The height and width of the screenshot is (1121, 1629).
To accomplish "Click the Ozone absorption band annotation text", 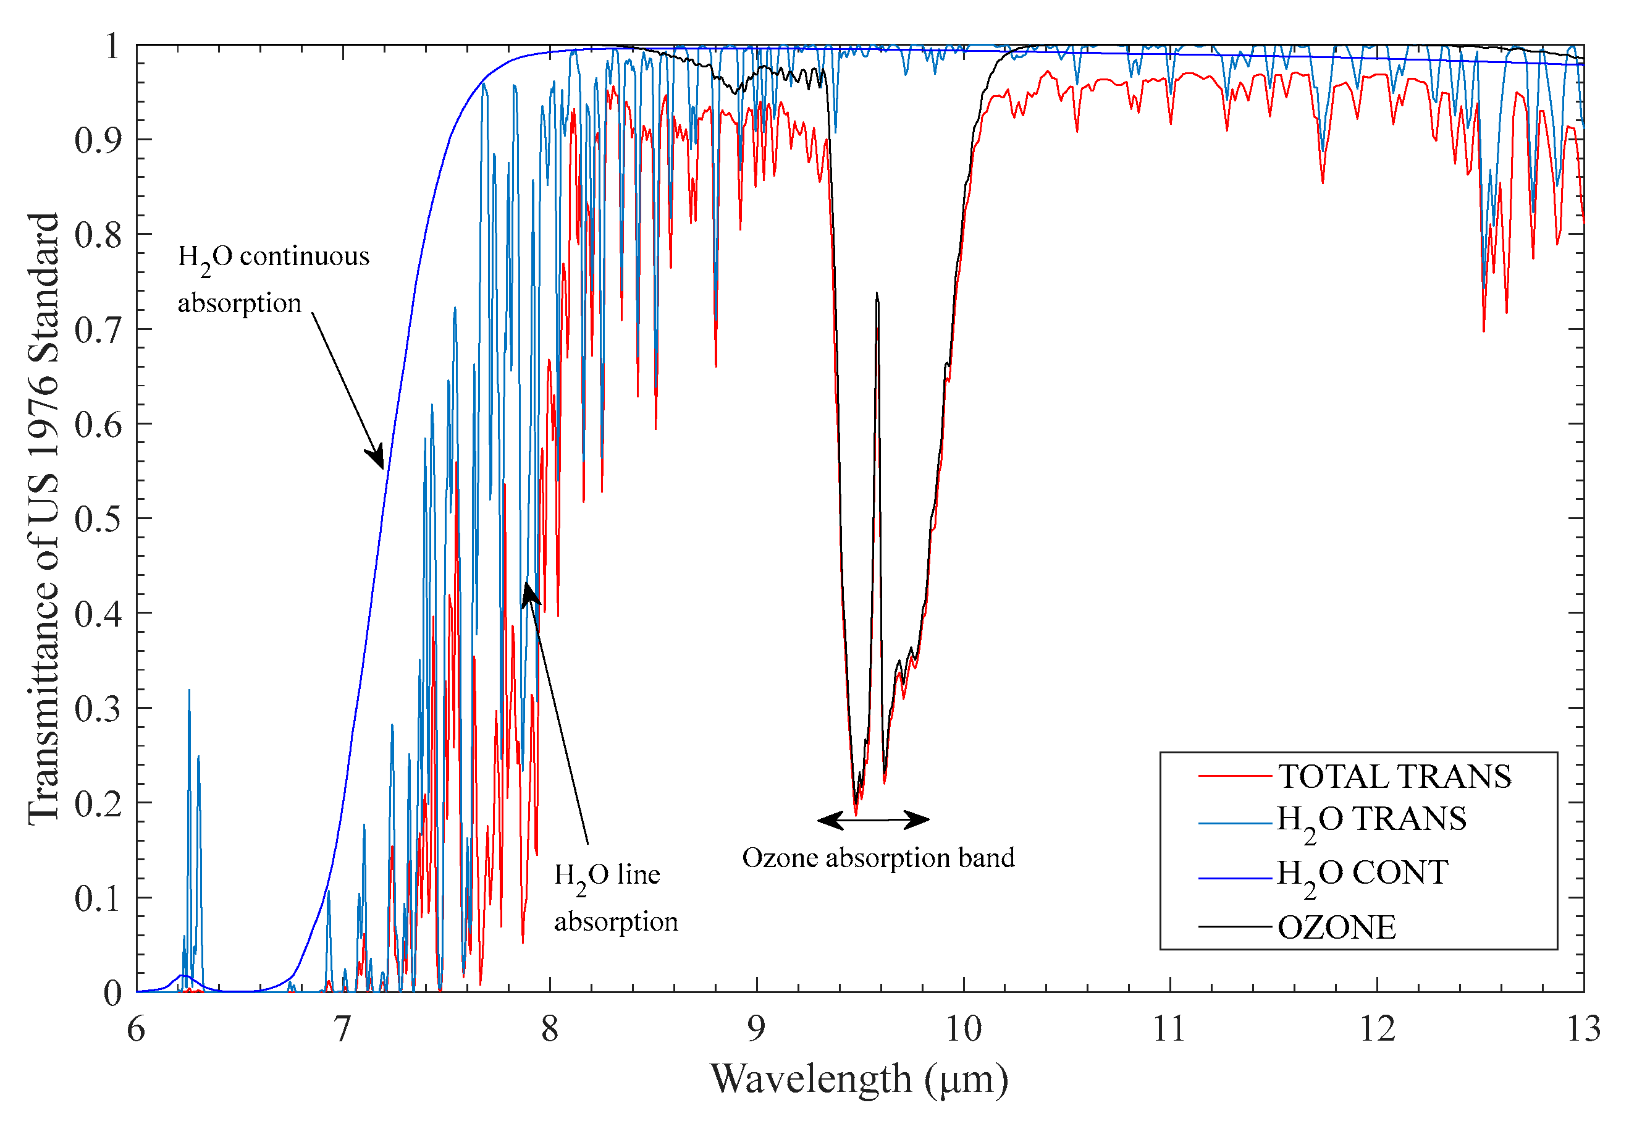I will point(878,858).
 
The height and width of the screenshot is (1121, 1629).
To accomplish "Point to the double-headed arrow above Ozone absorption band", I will point(873,819).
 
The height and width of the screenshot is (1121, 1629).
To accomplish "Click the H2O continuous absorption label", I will point(273,279).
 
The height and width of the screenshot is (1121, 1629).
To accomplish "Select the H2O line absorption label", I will point(615,898).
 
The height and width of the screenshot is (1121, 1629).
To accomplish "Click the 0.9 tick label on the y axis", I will point(98,140).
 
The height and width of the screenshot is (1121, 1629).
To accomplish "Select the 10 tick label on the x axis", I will point(962,1030).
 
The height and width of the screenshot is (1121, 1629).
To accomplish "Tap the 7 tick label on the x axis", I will point(342,1030).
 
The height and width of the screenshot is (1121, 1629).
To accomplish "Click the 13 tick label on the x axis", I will point(1583,1030).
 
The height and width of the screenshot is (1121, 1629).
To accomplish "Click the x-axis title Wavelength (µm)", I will point(858,1080).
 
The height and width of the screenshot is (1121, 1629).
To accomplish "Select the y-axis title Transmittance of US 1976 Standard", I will point(43,518).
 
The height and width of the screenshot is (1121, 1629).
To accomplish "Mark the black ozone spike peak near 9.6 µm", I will point(877,294).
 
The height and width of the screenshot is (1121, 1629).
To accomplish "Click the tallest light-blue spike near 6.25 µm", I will point(189,691).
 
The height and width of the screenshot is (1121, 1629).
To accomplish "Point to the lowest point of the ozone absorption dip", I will point(855,813).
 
